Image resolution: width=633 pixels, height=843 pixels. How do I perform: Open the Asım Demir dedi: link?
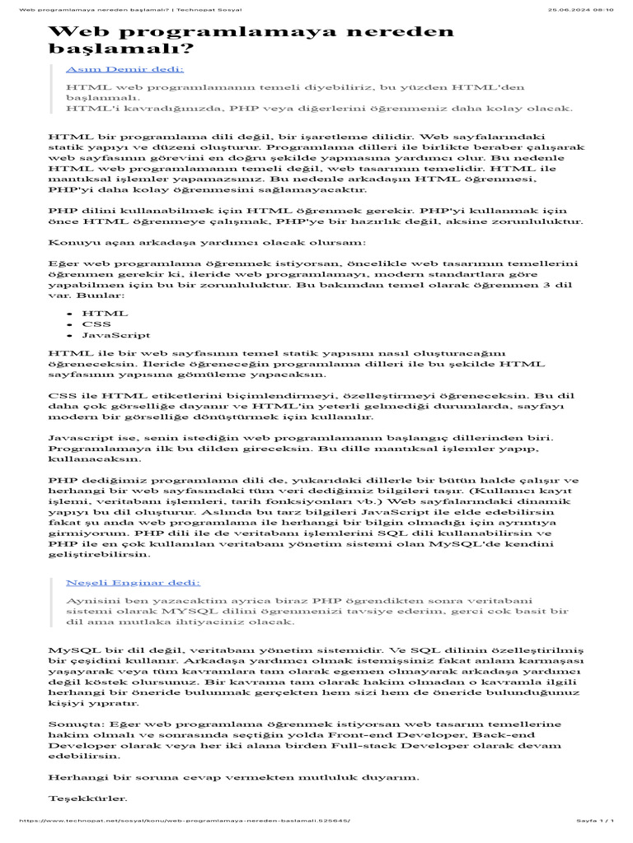124,70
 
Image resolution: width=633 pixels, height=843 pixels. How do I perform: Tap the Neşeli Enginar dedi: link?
133,582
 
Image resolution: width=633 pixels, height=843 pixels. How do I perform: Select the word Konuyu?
73,242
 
